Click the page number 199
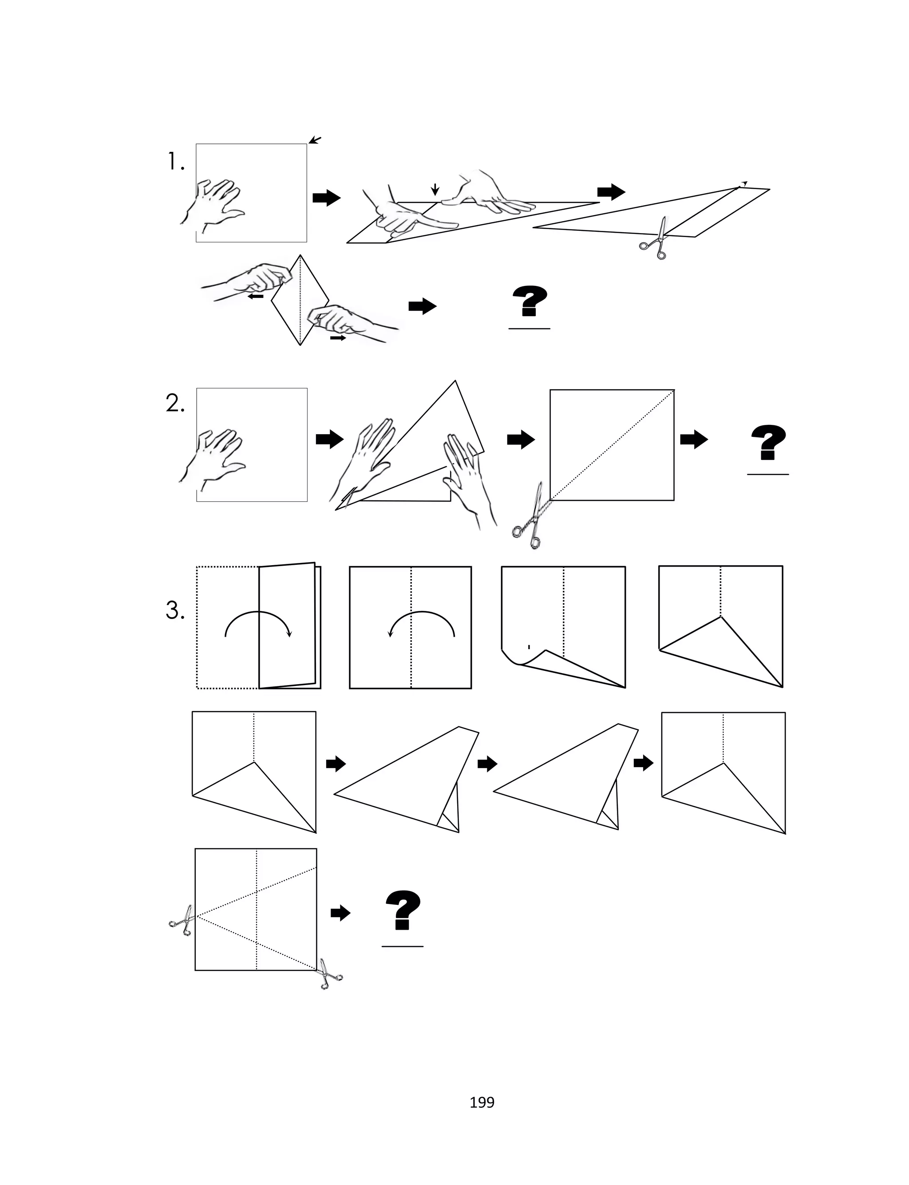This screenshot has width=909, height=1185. (x=482, y=1102)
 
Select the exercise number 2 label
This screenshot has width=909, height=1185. (x=175, y=404)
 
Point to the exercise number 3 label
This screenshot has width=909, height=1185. (x=175, y=610)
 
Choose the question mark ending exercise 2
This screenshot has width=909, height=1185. (x=768, y=442)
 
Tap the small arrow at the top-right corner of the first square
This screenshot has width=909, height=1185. (x=315, y=141)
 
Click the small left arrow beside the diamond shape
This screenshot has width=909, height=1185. (x=256, y=296)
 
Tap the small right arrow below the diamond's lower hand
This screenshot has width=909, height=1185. (x=338, y=337)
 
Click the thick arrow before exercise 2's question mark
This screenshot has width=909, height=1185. (x=694, y=440)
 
